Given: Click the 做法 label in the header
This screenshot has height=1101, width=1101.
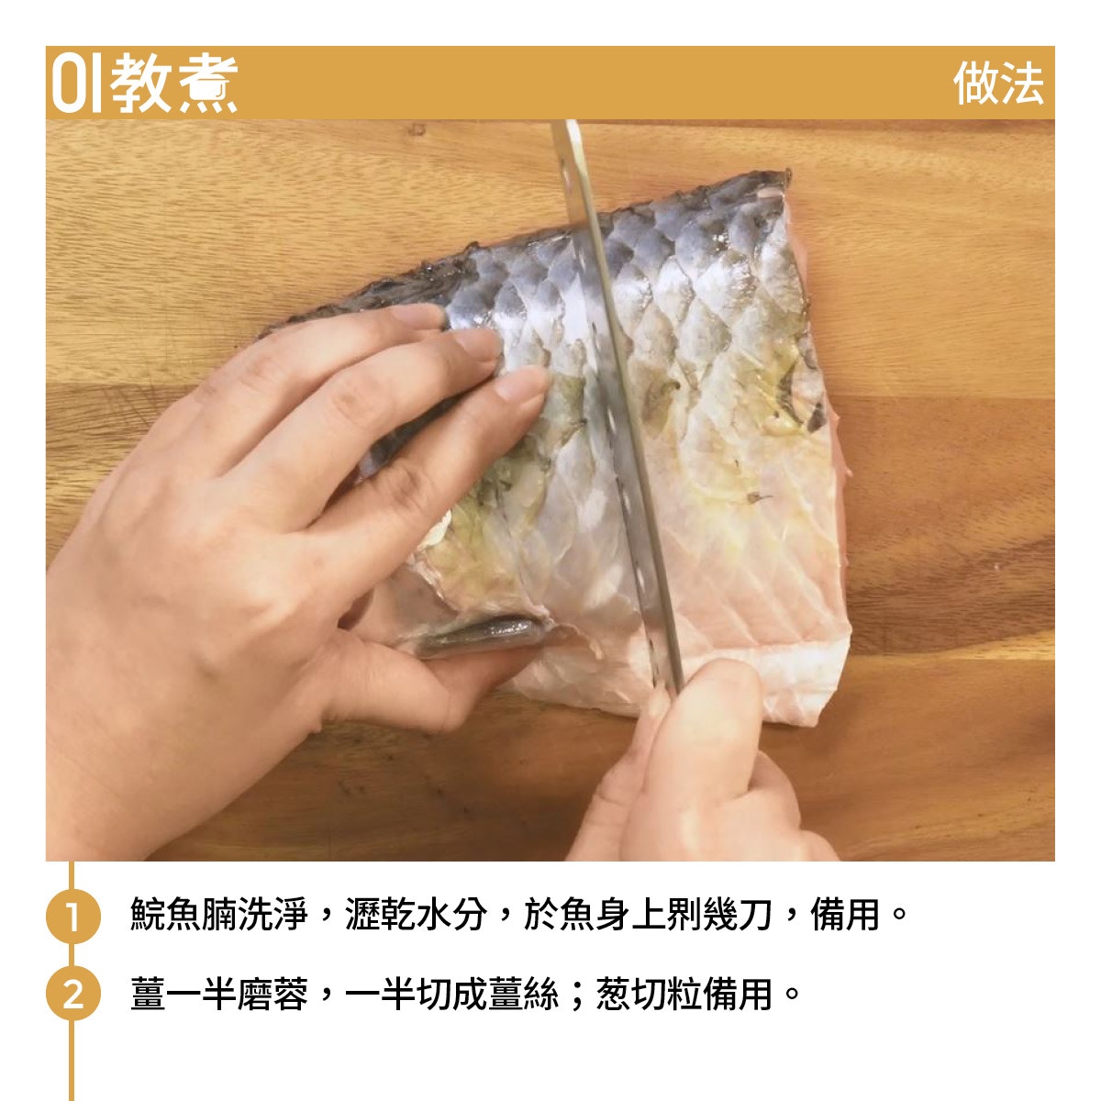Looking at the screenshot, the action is tap(998, 83).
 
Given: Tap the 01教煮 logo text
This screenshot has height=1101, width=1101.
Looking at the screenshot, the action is tap(145, 83).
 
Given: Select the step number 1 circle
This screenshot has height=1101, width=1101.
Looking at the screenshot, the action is tap(73, 917).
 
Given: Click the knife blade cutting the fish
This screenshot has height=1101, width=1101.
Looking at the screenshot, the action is tap(617, 400).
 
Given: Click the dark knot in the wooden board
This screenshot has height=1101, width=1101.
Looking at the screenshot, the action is tap(417, 129).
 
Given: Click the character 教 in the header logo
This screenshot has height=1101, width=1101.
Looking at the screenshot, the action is tap(141, 83).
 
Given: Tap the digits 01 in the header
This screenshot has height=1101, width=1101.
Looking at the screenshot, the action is tap(77, 83).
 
